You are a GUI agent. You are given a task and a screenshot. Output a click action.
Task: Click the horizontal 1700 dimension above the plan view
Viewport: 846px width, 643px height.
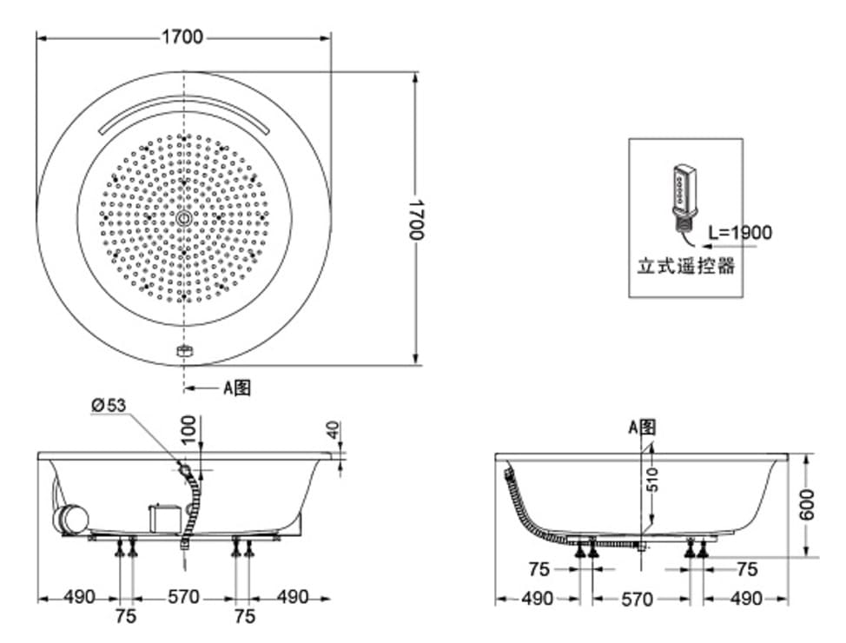click(182, 36)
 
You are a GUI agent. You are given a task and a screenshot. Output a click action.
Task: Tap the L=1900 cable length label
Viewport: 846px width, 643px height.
click(739, 232)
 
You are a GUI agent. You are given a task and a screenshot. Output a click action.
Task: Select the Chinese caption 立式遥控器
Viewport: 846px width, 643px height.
click(686, 266)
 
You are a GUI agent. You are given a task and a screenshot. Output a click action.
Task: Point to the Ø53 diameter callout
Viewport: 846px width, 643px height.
click(109, 404)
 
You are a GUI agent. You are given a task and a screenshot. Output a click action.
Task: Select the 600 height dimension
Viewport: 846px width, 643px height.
click(807, 504)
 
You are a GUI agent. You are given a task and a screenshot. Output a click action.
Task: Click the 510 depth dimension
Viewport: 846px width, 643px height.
click(653, 479)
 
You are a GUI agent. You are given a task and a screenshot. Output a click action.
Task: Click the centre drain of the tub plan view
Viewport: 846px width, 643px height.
click(184, 218)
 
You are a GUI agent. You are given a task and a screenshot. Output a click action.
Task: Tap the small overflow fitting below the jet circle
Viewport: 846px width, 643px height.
click(183, 351)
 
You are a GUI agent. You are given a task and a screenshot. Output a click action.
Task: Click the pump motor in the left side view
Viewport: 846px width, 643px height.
click(71, 520)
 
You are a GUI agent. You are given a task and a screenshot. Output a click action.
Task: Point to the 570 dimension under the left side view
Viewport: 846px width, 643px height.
click(183, 598)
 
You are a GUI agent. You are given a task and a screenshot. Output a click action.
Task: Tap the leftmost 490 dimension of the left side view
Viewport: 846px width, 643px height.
click(78, 598)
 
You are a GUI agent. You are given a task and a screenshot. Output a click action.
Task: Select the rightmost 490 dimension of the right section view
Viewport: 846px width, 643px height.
click(746, 599)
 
